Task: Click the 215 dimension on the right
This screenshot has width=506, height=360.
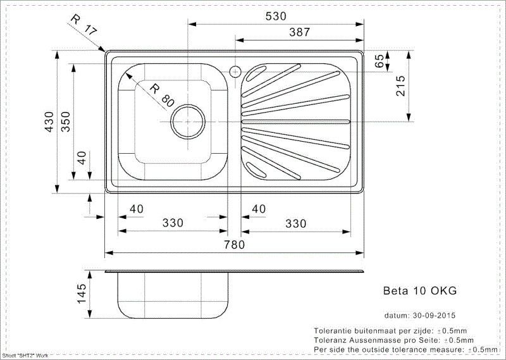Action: coord(400,85)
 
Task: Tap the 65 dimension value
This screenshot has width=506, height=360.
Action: coord(379,61)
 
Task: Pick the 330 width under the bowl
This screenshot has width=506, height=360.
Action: coord(173,223)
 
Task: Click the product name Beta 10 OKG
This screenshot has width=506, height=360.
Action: coord(420,291)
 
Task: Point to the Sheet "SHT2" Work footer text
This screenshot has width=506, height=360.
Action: coord(25,356)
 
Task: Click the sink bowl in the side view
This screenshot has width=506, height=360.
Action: coord(172,296)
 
